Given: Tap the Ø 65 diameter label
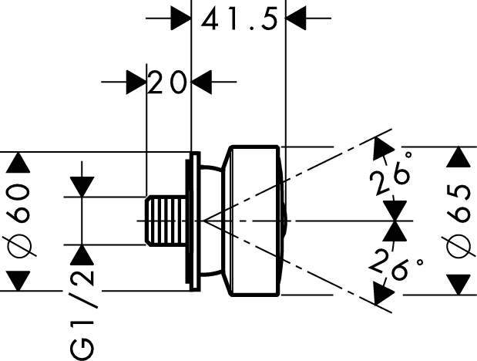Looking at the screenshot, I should (x=459, y=221).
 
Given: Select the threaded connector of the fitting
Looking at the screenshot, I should (x=165, y=221).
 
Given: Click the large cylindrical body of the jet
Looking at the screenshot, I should (x=254, y=221).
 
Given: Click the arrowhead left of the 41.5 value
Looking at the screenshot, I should (x=180, y=16).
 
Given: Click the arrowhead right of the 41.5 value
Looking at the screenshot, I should (x=297, y=16).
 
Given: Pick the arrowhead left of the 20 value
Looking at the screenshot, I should (x=136, y=80).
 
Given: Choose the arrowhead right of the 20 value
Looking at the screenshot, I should (x=202, y=80).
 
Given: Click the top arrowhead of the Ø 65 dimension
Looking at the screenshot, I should (x=459, y=157).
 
